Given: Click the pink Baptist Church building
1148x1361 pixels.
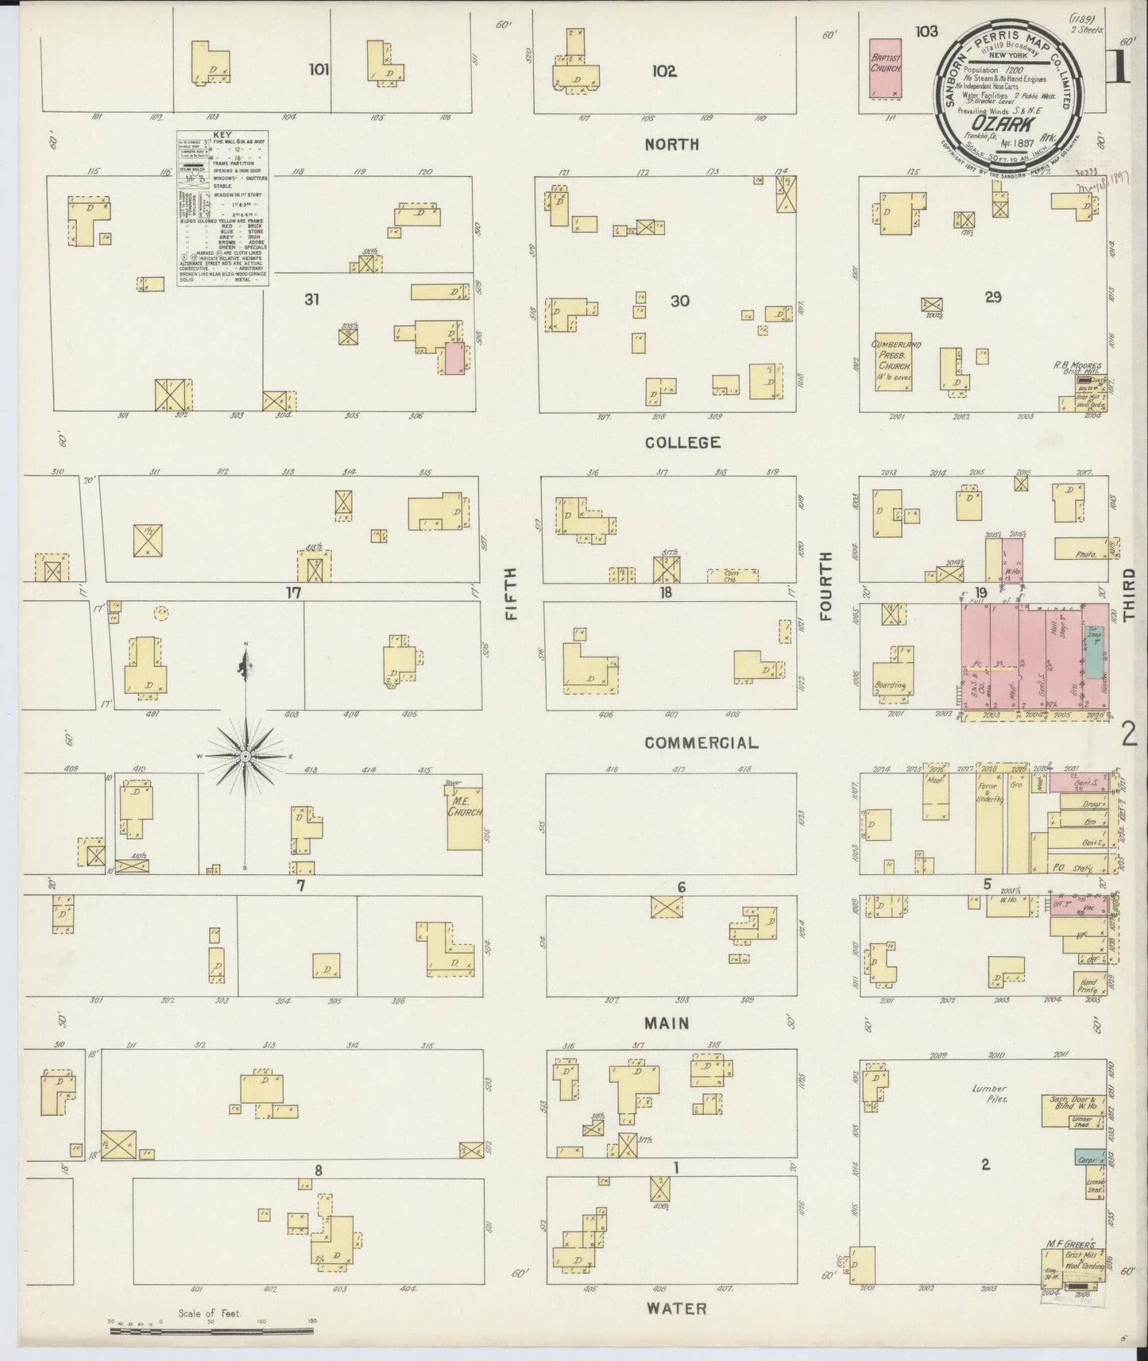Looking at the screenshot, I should pyautogui.click(x=886, y=68).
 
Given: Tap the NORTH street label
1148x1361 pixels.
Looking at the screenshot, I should pyautogui.click(x=672, y=145).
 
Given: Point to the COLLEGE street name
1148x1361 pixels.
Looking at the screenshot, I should pyautogui.click(x=682, y=442).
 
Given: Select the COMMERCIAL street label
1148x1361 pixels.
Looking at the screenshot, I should pyautogui.click(x=701, y=743).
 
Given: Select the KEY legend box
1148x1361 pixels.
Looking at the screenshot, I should pyautogui.click(x=222, y=208).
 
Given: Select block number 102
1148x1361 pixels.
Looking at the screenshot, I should pyautogui.click(x=664, y=71).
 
